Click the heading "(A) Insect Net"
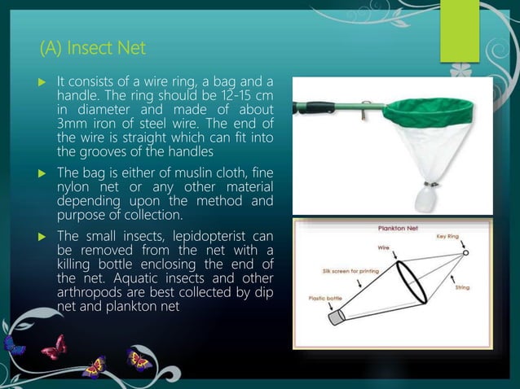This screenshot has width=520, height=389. pos(93,49)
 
